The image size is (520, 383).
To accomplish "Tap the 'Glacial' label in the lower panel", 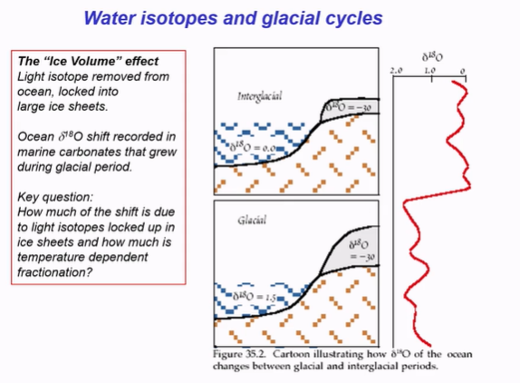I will click(x=251, y=221).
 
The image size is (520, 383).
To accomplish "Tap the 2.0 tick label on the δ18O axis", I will click(x=395, y=70).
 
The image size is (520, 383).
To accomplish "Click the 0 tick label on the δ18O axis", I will click(x=463, y=70).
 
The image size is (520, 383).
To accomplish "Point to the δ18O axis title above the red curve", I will click(x=431, y=56).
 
